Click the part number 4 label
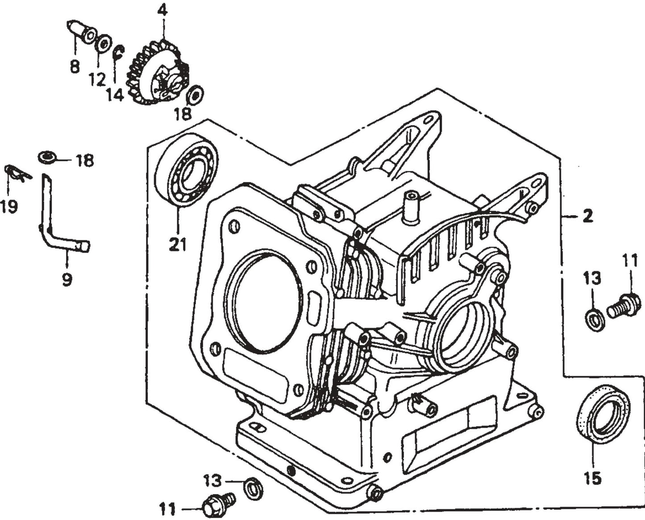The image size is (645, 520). pos(162,10)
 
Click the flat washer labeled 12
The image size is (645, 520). pos(104,44)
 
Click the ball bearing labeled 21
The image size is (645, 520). pos(186,170)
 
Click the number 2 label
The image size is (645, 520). pos(588,216)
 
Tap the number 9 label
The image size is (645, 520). pos(67,280)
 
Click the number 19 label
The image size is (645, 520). pos(8,206)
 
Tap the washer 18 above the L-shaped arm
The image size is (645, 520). pos(47,157)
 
